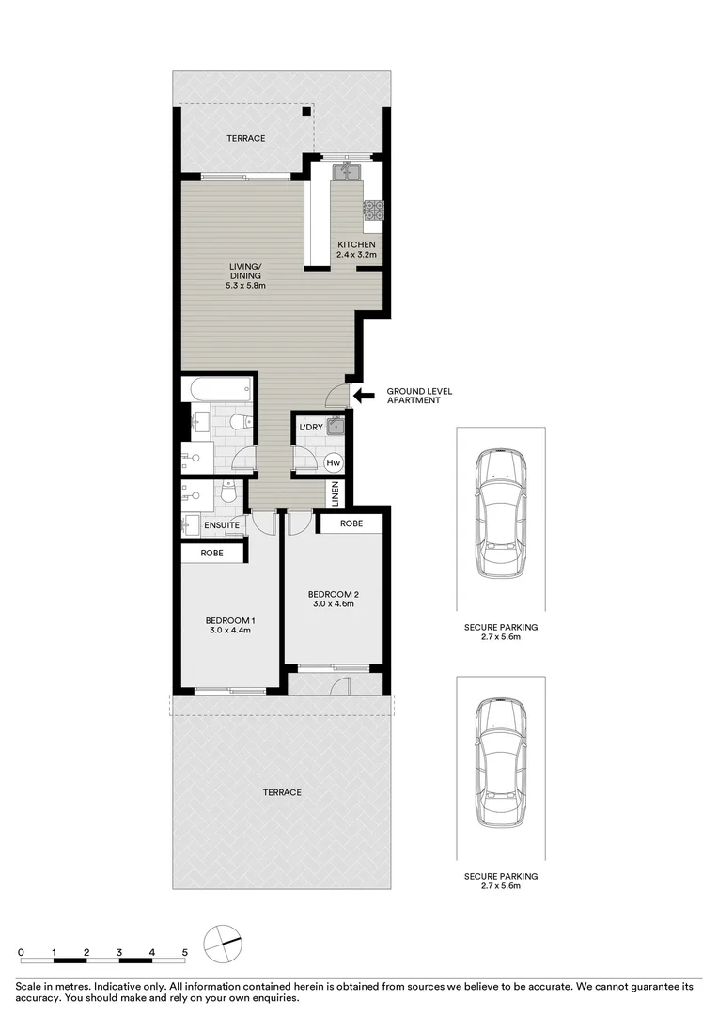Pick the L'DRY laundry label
point(311,429)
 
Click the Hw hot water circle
point(333,461)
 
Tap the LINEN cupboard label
point(334,492)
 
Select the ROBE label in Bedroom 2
point(351,523)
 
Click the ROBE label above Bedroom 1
point(211,554)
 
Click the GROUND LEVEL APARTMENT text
point(414,395)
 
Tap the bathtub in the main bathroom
point(218,387)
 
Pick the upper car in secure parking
point(500,512)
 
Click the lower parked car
point(500,761)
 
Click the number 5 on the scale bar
point(185,952)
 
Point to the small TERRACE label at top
point(245,139)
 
